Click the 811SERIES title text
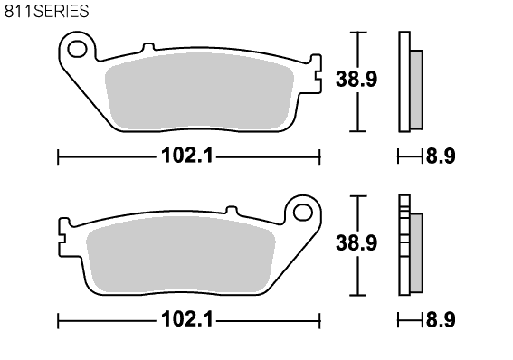(46, 11)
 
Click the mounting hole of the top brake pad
(77, 50)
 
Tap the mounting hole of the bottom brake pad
(303, 213)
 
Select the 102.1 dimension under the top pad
(187, 156)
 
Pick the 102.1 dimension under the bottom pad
(187, 319)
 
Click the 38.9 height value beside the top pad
(356, 79)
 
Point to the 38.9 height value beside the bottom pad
(356, 242)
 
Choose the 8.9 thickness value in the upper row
(441, 156)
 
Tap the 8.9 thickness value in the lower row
(441, 319)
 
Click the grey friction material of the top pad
(200, 90)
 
